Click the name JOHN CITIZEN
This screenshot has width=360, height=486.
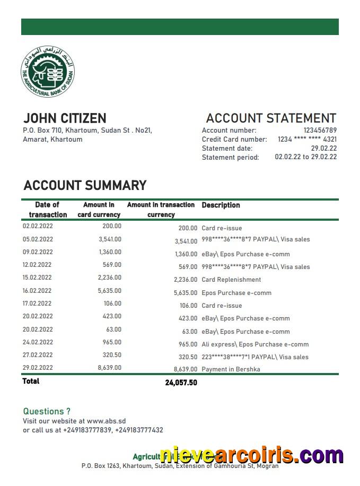point(65,118)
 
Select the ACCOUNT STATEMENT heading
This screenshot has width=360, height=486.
point(270,118)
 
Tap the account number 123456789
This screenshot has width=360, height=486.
point(320,131)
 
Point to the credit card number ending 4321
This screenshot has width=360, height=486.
point(307,140)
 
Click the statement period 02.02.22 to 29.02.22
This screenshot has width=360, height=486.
point(305,157)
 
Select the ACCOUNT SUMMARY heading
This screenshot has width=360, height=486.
point(85,186)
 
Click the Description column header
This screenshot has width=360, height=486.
point(221,205)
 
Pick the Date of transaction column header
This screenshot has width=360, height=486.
point(48,210)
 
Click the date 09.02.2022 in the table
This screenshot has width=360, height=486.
point(38,252)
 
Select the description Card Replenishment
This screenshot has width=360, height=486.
point(231,280)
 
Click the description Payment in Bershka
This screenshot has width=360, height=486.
point(231,369)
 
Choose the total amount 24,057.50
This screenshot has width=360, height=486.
point(181,383)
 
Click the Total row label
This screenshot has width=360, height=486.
point(31,381)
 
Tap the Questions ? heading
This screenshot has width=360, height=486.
point(47,411)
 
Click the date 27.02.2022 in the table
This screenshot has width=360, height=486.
point(38,355)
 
